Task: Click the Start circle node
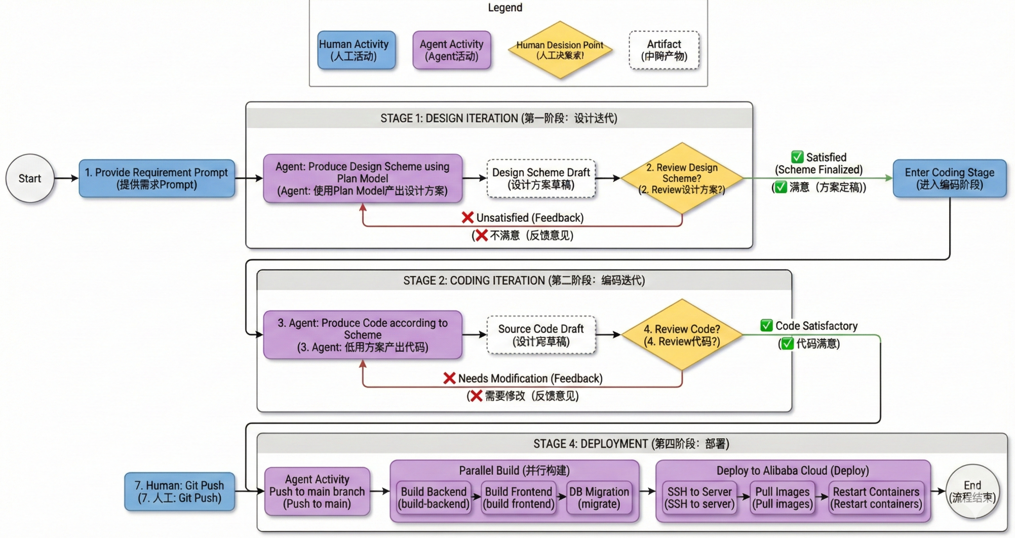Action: coord(30,178)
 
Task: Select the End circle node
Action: coord(972,491)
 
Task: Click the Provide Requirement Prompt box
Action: coord(157,178)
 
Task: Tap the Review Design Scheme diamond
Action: coord(682,178)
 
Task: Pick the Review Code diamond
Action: coord(682,335)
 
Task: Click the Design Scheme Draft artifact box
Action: coord(541,178)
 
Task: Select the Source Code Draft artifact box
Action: coord(541,335)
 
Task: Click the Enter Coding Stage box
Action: coord(949,178)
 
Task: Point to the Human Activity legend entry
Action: coord(356,50)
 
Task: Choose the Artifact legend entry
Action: coord(664,50)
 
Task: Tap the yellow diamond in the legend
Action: coord(560,50)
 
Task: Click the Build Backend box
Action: coord(434,497)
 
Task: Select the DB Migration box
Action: coord(599,497)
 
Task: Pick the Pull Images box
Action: coord(782,497)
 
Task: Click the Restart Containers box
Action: coord(876,497)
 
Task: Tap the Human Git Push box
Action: coord(179,491)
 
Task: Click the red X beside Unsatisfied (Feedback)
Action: coord(467,218)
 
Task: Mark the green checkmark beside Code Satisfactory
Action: coord(766,326)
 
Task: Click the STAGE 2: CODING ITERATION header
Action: coord(524,280)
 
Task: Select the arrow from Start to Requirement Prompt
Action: coord(66,178)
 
